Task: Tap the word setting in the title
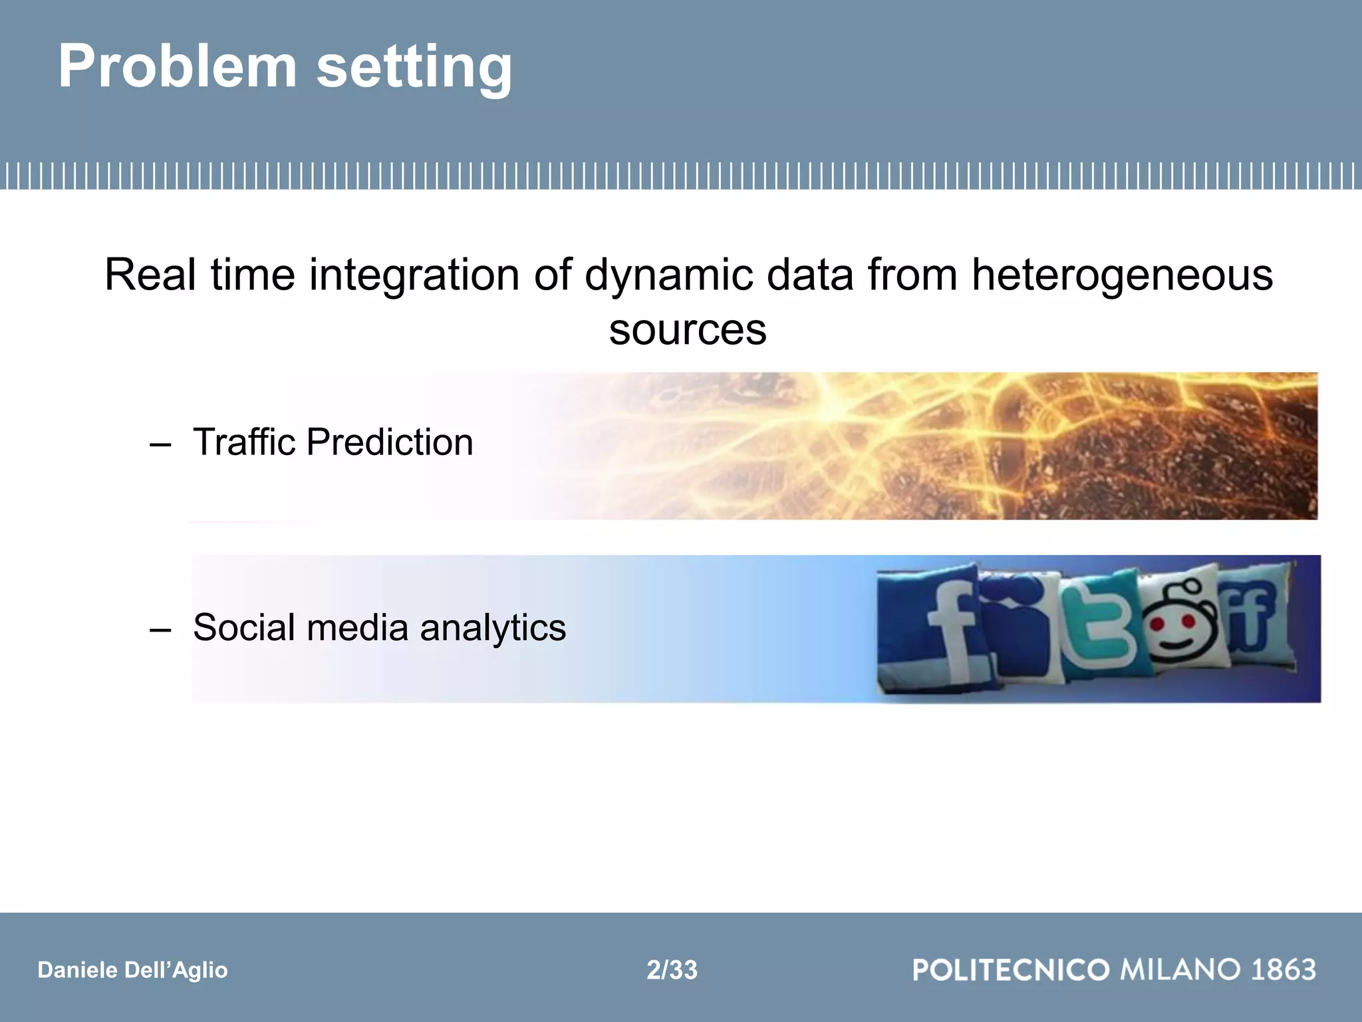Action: click(x=414, y=68)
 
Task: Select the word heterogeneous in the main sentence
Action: click(x=1122, y=274)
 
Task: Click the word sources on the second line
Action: click(x=688, y=330)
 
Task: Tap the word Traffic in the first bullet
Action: click(x=243, y=442)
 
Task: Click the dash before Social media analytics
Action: click(x=160, y=629)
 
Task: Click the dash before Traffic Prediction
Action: click(x=160, y=444)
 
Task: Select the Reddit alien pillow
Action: click(x=1180, y=622)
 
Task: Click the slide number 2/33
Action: click(x=672, y=970)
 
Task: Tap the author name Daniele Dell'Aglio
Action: click(x=132, y=970)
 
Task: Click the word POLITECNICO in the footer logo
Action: click(x=1011, y=969)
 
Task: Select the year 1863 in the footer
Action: click(x=1283, y=969)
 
